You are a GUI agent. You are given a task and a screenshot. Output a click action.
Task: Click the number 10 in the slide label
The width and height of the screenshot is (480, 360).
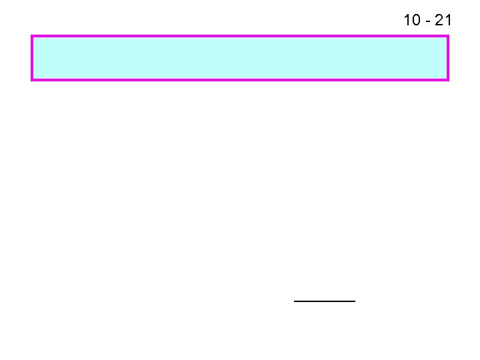411,20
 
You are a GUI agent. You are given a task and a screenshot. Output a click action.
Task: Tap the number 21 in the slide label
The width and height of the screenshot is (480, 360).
443,20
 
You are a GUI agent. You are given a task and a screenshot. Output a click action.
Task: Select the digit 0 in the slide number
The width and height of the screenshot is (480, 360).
415,20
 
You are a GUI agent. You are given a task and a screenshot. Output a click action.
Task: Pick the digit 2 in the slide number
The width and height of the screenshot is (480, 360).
439,20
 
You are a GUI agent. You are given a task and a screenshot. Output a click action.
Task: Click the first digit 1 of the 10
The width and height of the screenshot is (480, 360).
407,20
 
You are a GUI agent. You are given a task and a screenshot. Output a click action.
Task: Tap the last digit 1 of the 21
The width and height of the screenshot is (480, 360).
448,20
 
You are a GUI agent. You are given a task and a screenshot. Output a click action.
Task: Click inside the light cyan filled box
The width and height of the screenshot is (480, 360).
240,58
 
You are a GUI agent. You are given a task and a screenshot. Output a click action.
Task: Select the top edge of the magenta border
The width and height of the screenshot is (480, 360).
240,36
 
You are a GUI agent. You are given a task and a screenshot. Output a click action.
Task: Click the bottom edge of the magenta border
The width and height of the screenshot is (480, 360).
240,80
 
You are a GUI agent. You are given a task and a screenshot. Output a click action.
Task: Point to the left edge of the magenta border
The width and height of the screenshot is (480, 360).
32,58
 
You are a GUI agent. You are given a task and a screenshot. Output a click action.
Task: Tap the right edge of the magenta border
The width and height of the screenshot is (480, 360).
448,58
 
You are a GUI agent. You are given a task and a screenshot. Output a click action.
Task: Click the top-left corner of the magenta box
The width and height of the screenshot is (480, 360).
32,36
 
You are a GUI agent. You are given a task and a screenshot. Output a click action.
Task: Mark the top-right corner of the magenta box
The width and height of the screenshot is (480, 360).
448,36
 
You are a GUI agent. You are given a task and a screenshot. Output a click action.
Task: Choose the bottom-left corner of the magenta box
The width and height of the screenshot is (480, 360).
32,80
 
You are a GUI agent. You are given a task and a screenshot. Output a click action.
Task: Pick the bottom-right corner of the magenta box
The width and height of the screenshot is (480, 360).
448,80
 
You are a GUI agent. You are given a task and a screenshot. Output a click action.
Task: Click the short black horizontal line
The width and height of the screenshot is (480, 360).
325,301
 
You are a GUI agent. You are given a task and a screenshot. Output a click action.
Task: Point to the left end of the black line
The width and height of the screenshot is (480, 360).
295,301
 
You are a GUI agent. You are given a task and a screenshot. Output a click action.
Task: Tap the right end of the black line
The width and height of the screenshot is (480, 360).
355,301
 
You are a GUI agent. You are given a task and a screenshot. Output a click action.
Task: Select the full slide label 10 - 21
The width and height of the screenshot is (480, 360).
427,20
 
